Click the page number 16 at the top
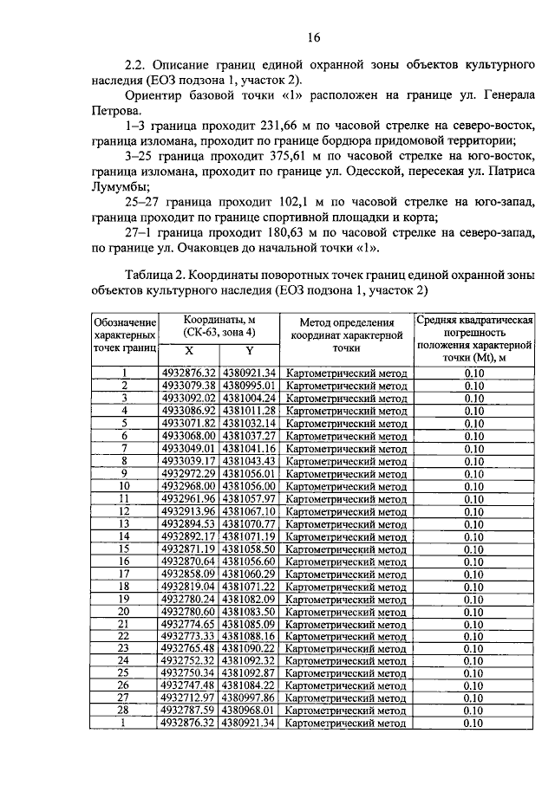[x=314, y=36]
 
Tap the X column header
[x=189, y=351]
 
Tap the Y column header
[x=250, y=351]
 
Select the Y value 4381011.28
[x=250, y=410]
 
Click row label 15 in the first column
[x=124, y=549]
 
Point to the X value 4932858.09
[x=189, y=574]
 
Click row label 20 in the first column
[x=124, y=611]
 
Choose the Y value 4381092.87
[x=250, y=673]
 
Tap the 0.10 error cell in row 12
[x=473, y=511]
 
